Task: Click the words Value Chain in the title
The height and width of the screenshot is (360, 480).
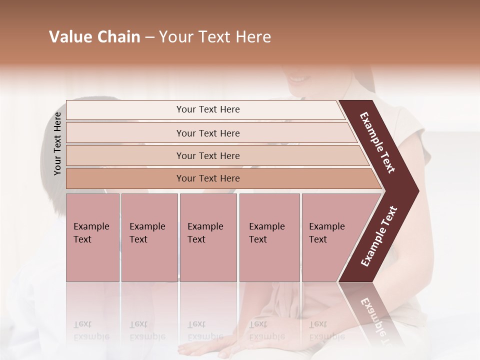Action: coord(94,37)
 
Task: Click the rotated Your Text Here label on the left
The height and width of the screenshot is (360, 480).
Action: coord(57,143)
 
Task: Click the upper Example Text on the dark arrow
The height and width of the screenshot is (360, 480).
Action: coord(377,142)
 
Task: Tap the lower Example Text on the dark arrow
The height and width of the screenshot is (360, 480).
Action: coord(378,236)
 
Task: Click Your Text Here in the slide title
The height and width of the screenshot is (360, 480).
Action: coord(215,37)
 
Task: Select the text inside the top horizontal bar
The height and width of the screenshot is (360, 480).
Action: coord(208,109)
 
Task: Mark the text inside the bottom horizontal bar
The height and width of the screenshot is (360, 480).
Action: coord(208,178)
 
